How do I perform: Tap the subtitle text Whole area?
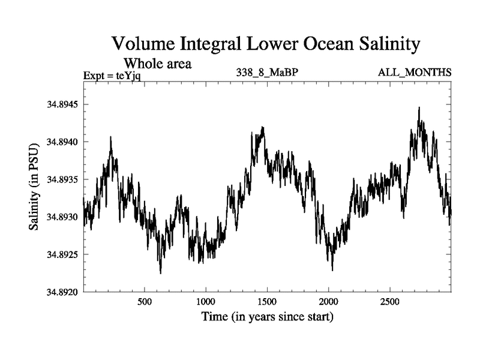(157, 63)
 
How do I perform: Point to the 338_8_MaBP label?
(268, 73)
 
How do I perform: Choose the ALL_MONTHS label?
(415, 73)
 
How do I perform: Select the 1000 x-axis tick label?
(206, 301)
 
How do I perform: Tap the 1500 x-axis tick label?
(267, 301)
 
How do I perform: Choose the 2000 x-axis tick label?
(329, 301)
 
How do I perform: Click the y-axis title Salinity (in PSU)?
(34, 187)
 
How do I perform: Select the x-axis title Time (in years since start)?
(266, 316)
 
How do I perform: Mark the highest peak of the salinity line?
(419, 108)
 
